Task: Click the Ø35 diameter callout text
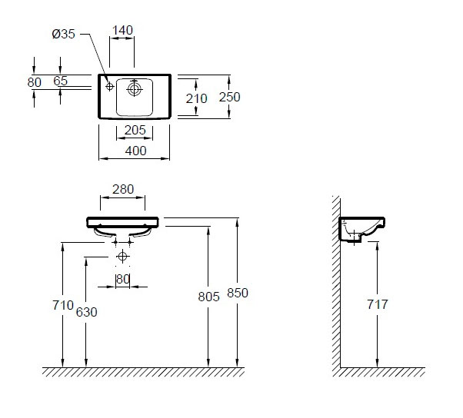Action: pos(64,34)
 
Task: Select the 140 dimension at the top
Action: pos(122,30)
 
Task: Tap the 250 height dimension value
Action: pos(229,97)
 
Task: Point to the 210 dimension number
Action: pos(196,98)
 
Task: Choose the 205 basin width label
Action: pos(135,130)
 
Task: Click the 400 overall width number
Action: pos(135,151)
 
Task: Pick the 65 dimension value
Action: pos(61,81)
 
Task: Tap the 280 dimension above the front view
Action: pos(123,189)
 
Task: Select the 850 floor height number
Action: pos(238,293)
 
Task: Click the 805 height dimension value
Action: pos(208,297)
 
